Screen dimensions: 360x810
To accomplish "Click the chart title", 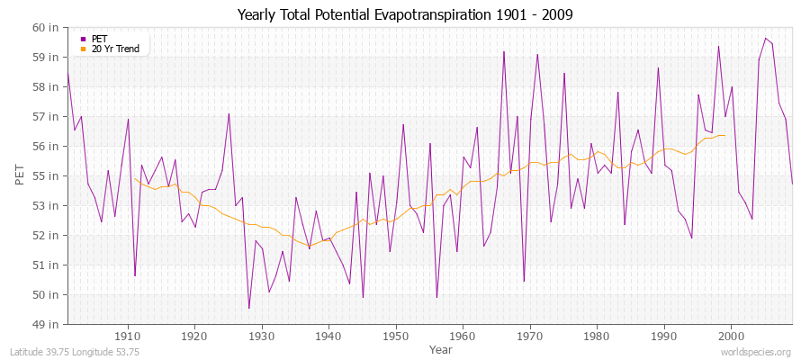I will tap(404, 14).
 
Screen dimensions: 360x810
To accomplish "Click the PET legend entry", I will tap(99, 39).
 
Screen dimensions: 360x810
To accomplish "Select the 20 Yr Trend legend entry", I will tap(115, 49).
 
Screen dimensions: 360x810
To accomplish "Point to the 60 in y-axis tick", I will tap(46, 27).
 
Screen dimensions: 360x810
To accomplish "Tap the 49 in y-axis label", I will tap(46, 324).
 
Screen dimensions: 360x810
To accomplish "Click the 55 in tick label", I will tap(46, 175).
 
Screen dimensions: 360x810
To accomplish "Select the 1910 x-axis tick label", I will tap(127, 336).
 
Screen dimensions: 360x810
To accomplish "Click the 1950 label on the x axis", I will tap(395, 336).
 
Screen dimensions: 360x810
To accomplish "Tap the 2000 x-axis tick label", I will tap(731, 336).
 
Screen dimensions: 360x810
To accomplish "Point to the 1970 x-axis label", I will tap(529, 336).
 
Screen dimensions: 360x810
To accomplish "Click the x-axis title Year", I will tap(441, 348).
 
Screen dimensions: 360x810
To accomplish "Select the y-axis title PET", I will tap(21, 175).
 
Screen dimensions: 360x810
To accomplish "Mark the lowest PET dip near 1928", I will tap(248, 308).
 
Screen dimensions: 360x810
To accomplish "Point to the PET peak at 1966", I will tap(504, 51).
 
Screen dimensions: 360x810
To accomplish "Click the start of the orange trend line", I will tap(134, 178).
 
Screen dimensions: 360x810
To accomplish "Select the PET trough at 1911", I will tap(135, 275).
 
